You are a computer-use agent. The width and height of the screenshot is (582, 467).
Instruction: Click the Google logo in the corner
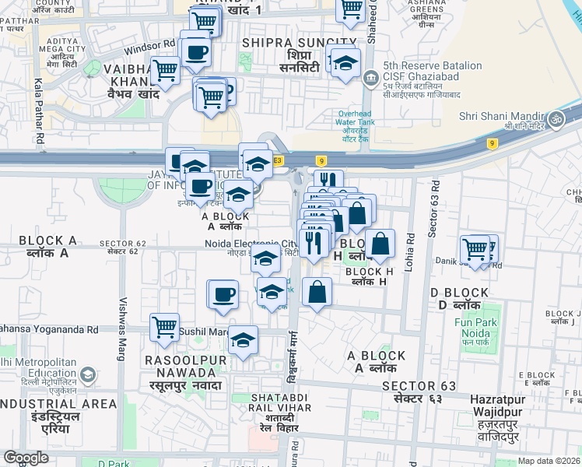(x=26, y=458)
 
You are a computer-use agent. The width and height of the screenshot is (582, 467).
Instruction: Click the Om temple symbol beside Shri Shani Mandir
(x=555, y=119)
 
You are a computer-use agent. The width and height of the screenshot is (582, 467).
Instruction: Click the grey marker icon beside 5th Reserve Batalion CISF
(x=370, y=76)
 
